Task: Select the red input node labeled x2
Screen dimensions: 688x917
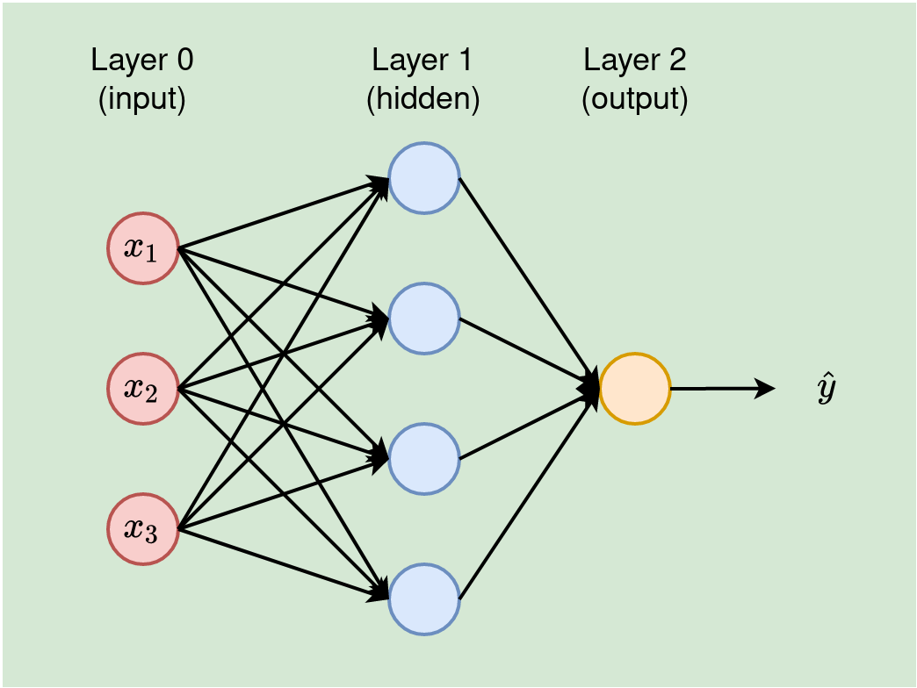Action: [143, 389]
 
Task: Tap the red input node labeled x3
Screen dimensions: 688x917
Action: [143, 529]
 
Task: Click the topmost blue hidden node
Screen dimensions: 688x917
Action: [424, 178]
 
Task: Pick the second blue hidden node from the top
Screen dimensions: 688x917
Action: [424, 319]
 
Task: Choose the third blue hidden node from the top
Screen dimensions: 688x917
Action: [424, 459]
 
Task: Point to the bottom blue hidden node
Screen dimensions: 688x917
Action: [424, 599]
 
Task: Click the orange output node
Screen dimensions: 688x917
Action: [635, 389]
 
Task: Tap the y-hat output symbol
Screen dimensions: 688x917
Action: [825, 390]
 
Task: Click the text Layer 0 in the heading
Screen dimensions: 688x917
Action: [142, 61]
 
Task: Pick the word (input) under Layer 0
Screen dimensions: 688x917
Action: [142, 99]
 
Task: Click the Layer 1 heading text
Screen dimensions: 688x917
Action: [422, 61]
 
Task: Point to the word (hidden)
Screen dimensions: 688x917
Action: [422, 99]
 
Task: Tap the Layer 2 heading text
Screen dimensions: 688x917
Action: [635, 61]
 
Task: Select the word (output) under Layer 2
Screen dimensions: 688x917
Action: [635, 99]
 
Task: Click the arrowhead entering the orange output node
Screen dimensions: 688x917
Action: [590, 387]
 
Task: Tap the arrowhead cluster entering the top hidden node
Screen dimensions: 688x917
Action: [380, 183]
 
